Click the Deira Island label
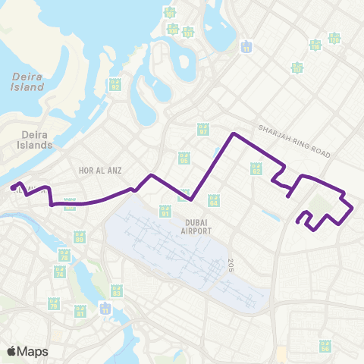27,81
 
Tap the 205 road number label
228,264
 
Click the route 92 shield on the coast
115,85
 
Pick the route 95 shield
184,158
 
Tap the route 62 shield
256,170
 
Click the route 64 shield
213,201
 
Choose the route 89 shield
78,237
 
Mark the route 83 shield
116,290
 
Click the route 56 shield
325,345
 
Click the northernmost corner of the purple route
233,134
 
